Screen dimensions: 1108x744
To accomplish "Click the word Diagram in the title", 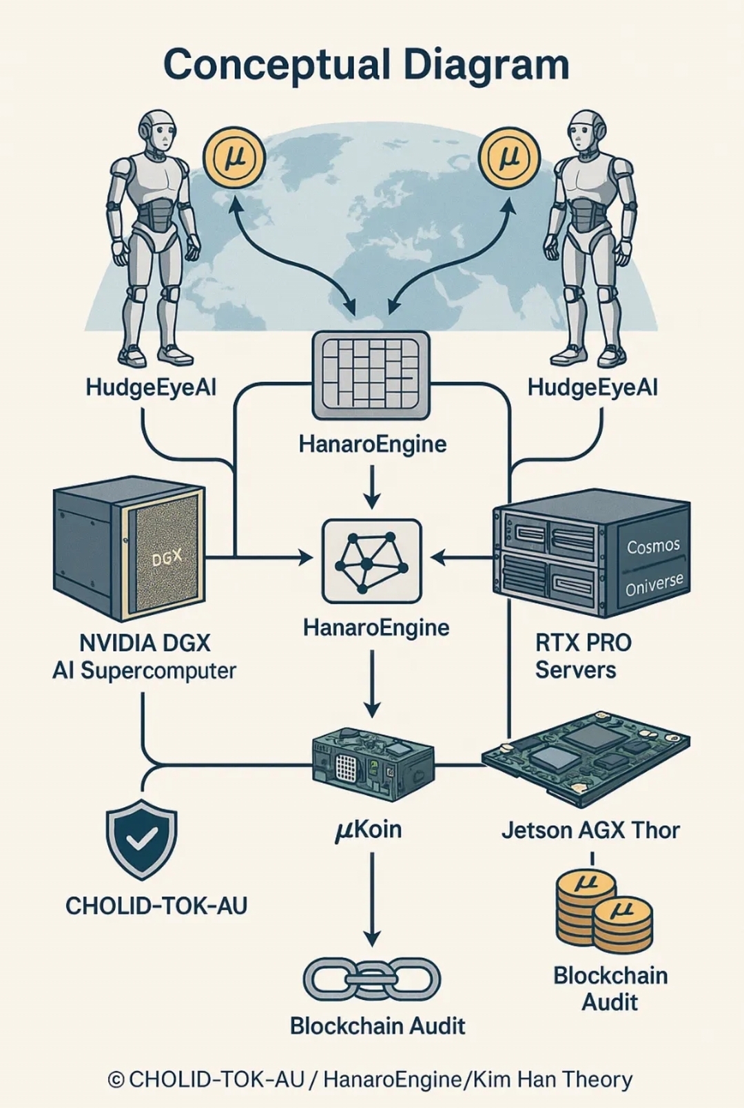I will click(x=486, y=65).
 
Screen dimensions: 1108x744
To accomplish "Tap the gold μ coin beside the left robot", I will click(x=234, y=157).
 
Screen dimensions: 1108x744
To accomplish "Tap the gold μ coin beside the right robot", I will click(x=510, y=157).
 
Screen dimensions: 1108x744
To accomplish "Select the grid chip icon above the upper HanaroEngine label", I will click(x=371, y=375).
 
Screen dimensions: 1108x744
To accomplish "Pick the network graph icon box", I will click(x=371, y=561).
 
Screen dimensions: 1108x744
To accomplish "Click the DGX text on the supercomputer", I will click(x=167, y=557).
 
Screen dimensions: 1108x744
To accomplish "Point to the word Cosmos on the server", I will click(x=653, y=547).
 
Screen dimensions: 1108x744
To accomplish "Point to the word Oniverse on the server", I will click(x=654, y=584).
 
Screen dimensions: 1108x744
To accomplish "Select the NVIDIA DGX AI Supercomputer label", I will click(x=145, y=657).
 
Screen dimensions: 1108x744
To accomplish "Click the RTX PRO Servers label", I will click(x=583, y=656).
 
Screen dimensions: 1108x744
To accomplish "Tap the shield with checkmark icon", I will click(x=141, y=838).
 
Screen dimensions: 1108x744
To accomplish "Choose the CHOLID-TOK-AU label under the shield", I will click(x=156, y=906).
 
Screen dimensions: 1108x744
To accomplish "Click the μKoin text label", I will click(x=369, y=830).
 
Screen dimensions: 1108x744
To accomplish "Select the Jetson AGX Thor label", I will click(x=590, y=830).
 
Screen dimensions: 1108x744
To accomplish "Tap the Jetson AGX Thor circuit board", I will click(x=586, y=757).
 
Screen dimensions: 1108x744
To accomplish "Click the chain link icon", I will click(x=372, y=979).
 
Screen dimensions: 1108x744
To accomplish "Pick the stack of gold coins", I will click(x=603, y=910).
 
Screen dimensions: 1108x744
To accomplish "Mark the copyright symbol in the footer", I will click(x=116, y=1080).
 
